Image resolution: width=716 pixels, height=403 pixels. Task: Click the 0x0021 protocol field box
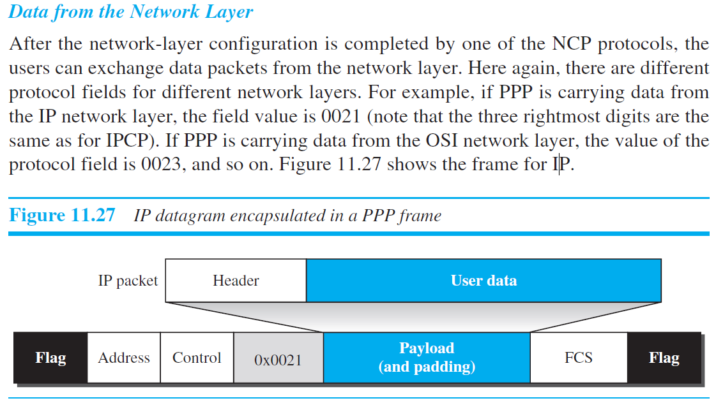click(278, 358)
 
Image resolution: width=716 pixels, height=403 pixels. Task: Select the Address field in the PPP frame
click(124, 358)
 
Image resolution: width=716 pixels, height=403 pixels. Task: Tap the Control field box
click(197, 358)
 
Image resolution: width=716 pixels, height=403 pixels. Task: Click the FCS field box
click(578, 358)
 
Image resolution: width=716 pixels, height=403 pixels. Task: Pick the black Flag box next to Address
click(50, 358)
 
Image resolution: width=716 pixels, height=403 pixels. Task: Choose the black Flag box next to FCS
click(664, 358)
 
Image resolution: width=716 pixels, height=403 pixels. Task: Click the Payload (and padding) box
click(426, 358)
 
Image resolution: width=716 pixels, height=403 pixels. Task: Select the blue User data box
click(484, 281)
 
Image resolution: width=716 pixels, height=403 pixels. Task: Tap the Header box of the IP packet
click(236, 281)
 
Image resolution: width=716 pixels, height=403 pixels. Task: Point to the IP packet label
click(128, 281)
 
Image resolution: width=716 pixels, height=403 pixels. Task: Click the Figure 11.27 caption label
click(62, 216)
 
